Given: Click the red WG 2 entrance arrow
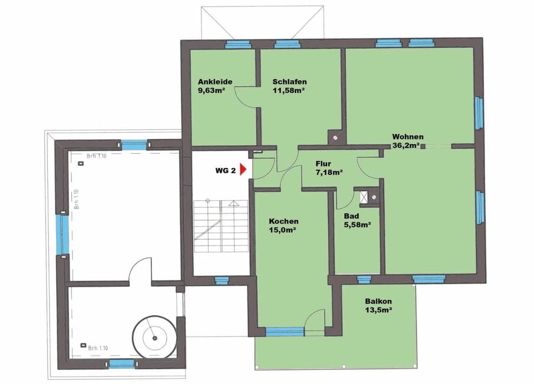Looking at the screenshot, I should pyautogui.click(x=243, y=171).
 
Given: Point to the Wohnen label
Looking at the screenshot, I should pyautogui.click(x=408, y=137).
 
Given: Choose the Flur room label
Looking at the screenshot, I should pyautogui.click(x=324, y=164).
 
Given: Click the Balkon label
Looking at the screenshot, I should pyautogui.click(x=378, y=301).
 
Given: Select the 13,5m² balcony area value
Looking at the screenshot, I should pyautogui.click(x=378, y=310).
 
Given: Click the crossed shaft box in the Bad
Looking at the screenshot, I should pyautogui.click(x=365, y=195).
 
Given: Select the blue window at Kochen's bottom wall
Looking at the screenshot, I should pyautogui.click(x=285, y=332).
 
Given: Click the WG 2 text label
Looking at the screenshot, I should pyautogui.click(x=226, y=171).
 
